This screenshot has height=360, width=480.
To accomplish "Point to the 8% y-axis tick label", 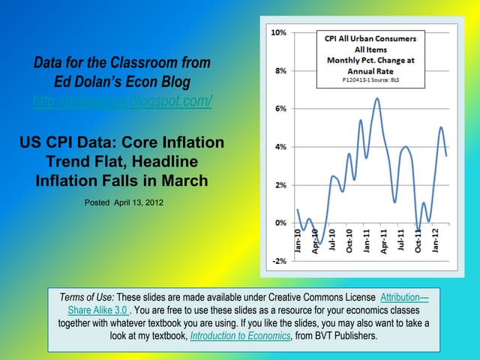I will coord(278,71).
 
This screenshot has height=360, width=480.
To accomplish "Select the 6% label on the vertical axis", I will coord(278,109).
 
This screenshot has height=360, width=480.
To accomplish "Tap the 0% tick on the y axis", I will coord(278,223).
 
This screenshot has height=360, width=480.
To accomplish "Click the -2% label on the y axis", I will coord(277,260).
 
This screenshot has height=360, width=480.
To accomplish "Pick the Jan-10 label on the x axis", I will coord(298,241).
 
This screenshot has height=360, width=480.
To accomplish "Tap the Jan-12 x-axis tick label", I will coord(436,241).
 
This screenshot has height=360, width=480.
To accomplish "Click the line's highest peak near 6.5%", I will coord(376,98).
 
